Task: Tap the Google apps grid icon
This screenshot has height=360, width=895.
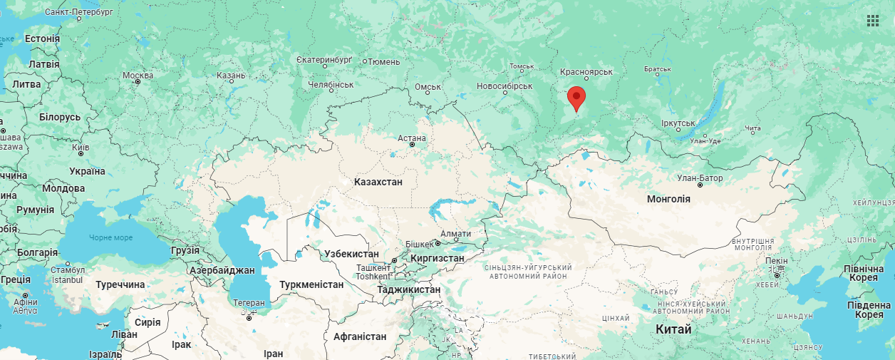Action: [872, 21]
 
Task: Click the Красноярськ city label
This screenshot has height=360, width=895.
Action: [586, 72]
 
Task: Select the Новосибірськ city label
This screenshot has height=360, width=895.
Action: [505, 86]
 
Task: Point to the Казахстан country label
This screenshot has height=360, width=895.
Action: [378, 182]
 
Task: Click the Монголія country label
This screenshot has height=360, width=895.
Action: [668, 199]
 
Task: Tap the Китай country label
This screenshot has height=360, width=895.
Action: [673, 329]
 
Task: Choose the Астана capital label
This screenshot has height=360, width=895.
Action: [412, 138]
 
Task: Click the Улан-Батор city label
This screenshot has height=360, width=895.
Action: [700, 178]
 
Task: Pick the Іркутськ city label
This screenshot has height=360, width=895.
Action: [678, 123]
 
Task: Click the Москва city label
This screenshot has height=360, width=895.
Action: [138, 76]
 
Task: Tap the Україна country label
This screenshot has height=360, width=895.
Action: [87, 171]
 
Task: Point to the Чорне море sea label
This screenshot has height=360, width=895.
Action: [110, 237]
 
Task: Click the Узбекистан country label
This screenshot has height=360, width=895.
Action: [351, 254]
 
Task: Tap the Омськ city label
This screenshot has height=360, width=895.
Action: [428, 87]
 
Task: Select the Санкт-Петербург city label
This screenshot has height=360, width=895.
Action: [78, 12]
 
